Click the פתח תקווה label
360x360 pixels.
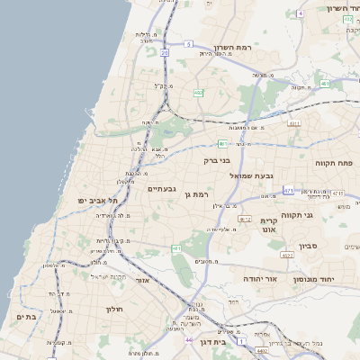coord(335,163)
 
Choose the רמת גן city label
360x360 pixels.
coord(194,194)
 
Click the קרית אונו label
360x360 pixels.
coord(270,226)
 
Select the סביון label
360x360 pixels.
coord(310,245)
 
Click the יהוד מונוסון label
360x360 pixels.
coord(337,280)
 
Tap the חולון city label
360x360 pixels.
coord(101,310)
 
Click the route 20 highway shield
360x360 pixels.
coord(166,54)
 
